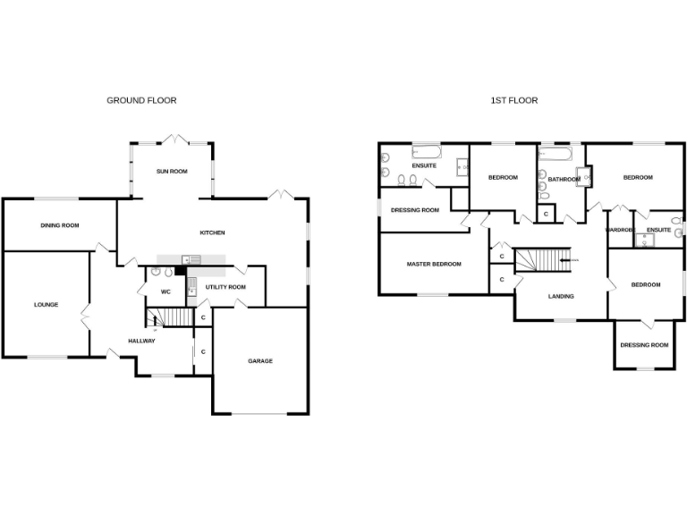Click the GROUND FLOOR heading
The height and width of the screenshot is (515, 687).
[141, 101]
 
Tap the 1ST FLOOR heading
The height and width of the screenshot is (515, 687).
[513, 101]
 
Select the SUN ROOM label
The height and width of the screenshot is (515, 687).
[172, 171]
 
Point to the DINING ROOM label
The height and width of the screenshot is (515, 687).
[60, 225]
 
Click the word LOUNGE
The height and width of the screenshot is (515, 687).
[47, 305]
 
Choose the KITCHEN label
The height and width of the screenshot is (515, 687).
[212, 232]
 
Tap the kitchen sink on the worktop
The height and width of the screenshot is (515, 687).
[191, 259]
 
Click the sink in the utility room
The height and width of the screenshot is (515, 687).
[191, 288]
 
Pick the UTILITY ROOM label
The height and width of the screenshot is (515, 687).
[225, 287]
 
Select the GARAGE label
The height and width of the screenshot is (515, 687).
[260, 361]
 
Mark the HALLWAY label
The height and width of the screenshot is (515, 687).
[141, 341]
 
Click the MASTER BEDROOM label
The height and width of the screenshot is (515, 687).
[434, 264]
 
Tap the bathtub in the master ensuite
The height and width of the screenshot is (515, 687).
[425, 150]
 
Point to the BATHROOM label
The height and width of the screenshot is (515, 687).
[564, 179]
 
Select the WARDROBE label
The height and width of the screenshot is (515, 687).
[619, 230]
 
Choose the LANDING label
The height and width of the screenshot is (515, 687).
[561, 296]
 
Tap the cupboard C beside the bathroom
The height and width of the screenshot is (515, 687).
[547, 214]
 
